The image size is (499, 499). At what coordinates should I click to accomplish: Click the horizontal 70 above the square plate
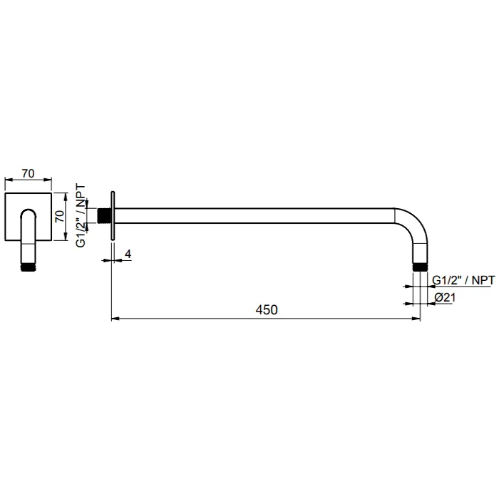pos(29,173)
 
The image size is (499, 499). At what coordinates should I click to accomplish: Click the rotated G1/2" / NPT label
pos(81,214)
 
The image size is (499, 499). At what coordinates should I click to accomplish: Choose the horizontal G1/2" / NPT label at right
pos(463,281)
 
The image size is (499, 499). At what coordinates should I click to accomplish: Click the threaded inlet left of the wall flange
pos(106,215)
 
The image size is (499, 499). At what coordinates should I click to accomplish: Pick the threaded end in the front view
pos(29,269)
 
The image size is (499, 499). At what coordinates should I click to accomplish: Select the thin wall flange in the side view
pos(113,215)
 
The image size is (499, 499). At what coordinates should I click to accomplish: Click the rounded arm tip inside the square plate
pos(29,215)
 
